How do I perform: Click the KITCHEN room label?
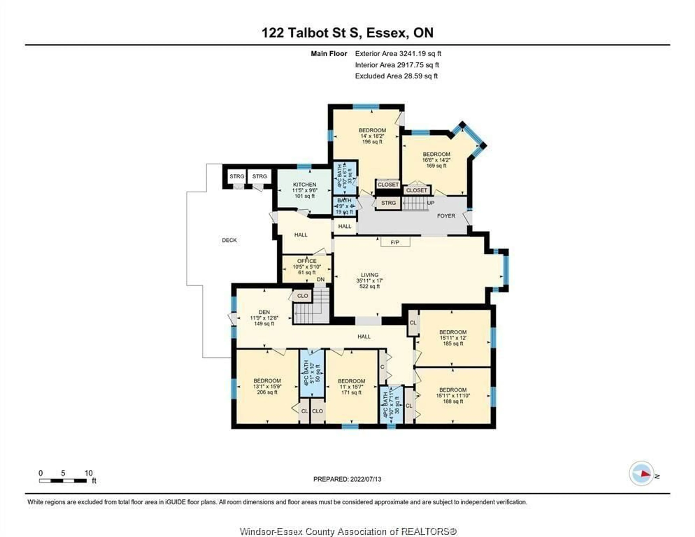tap(305, 185)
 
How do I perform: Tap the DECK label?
tap(229, 240)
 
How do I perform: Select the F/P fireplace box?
tap(395, 242)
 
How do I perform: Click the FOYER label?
tap(446, 216)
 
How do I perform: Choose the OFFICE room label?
tap(307, 261)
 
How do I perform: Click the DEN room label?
tap(264, 312)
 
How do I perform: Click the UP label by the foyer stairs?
tap(431, 203)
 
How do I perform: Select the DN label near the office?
tap(321, 279)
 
